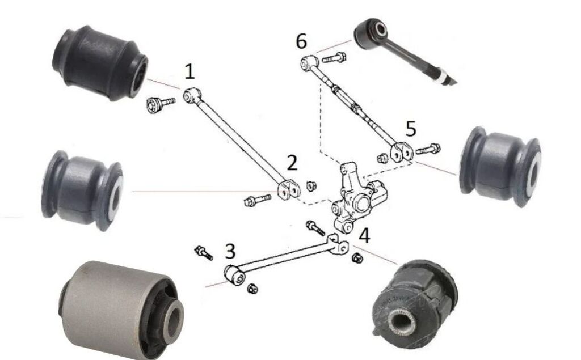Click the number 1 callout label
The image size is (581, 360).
(190, 71)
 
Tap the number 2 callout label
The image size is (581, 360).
(292, 163)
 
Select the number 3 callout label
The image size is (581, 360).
(229, 249)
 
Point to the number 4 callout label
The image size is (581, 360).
(364, 235)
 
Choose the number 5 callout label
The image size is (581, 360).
(410, 129)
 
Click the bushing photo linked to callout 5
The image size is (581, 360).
(500, 162)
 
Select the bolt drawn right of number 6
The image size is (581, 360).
(336, 57)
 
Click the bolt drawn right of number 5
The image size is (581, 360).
(428, 150)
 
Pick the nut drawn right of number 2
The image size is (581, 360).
(311, 185)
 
